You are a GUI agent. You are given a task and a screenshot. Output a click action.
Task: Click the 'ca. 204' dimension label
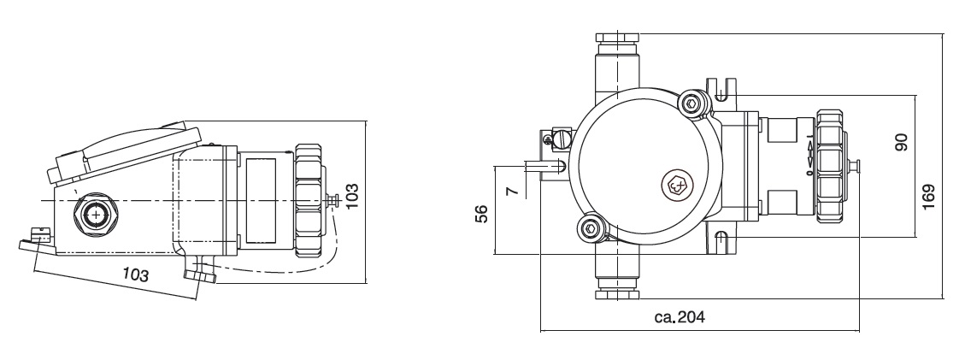point(680,318)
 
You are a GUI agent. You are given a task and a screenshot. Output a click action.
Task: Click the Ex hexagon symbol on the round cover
point(676,184)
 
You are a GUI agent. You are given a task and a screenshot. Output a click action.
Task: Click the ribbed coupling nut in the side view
point(308,201)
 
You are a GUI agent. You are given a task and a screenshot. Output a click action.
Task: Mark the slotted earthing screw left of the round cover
point(562,136)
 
